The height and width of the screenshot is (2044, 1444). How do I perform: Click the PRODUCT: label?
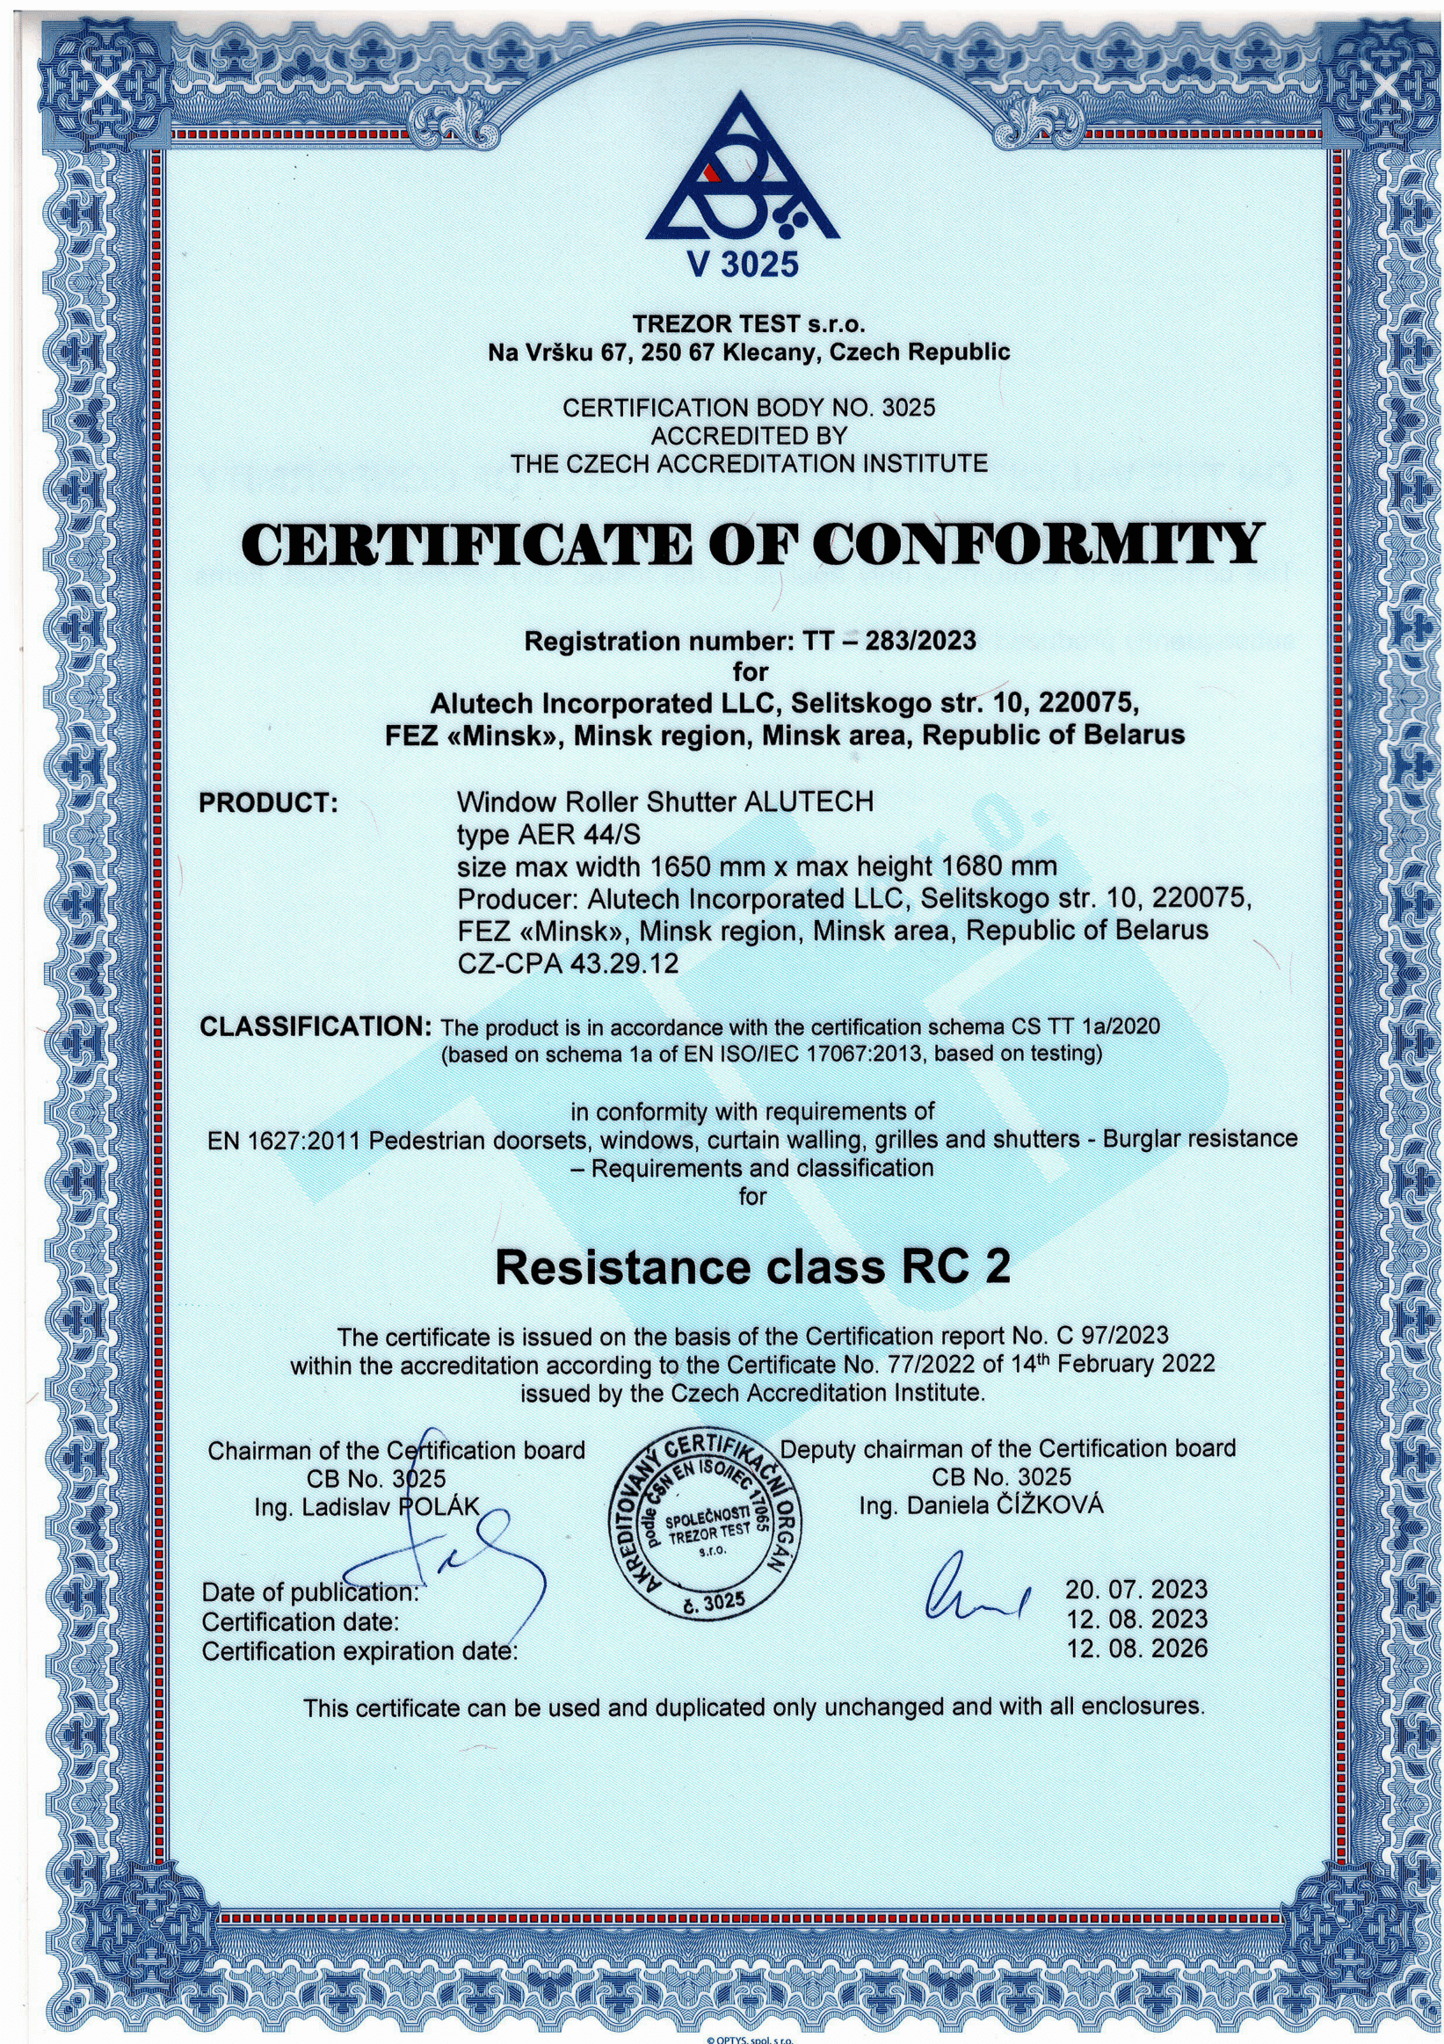click(268, 803)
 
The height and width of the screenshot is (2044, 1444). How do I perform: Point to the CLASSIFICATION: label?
click(316, 1026)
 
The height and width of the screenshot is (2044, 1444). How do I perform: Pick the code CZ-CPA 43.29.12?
click(568, 963)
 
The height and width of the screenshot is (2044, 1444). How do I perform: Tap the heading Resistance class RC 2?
click(752, 1268)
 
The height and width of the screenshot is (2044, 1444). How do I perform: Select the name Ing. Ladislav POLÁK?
click(366, 1507)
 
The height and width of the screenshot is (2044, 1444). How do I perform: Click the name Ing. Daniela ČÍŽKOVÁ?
click(981, 1505)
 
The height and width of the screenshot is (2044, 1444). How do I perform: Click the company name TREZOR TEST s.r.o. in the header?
click(749, 323)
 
